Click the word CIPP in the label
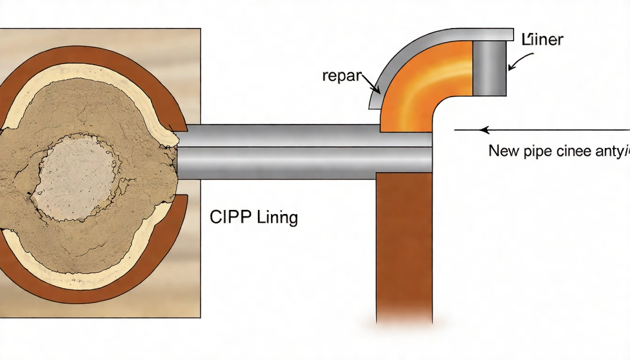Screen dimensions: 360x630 (x=227, y=218)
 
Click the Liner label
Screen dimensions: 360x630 (x=542, y=40)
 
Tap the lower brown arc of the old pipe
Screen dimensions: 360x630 (x=94, y=293)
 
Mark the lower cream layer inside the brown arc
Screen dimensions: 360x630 (x=94, y=277)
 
